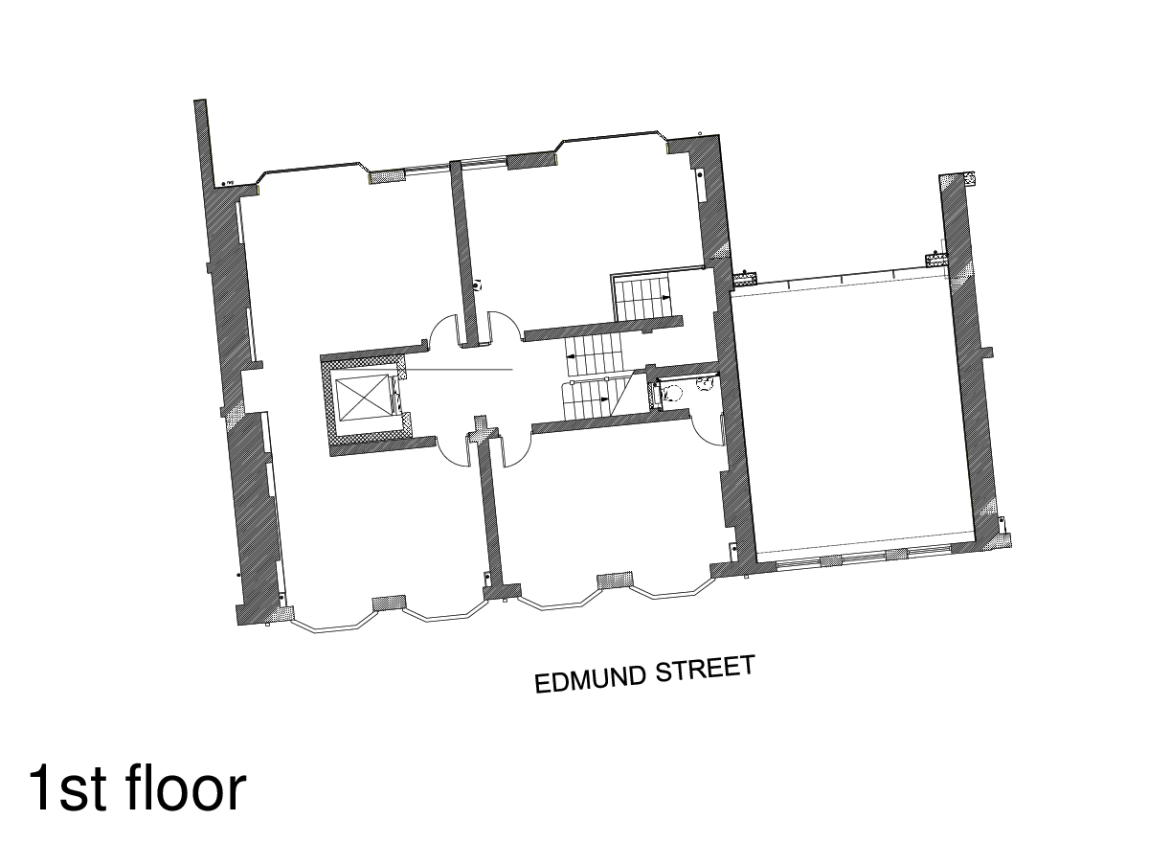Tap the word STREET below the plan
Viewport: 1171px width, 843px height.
(705, 668)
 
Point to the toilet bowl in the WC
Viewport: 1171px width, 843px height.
(674, 392)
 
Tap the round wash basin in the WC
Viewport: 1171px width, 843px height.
(707, 383)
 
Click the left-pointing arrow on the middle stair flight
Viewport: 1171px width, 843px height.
(571, 357)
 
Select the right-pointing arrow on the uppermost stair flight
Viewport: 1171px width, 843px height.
(664, 298)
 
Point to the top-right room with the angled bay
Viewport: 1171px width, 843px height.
(584, 230)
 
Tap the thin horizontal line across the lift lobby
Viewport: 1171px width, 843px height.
(460, 370)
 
